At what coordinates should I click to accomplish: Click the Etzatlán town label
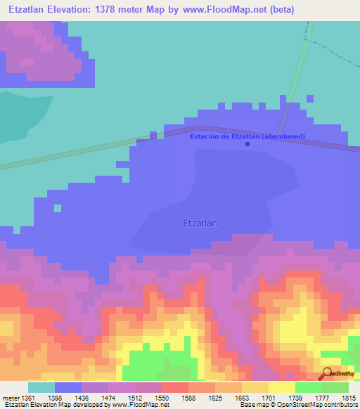[199, 223]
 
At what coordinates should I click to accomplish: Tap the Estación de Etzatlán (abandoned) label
[247, 136]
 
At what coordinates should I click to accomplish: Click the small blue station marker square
[247, 144]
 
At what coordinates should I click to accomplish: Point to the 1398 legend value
[68, 397]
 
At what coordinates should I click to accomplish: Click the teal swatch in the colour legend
[41, 387]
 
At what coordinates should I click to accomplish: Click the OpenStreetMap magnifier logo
[327, 373]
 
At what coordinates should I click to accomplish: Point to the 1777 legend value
[321, 397]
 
